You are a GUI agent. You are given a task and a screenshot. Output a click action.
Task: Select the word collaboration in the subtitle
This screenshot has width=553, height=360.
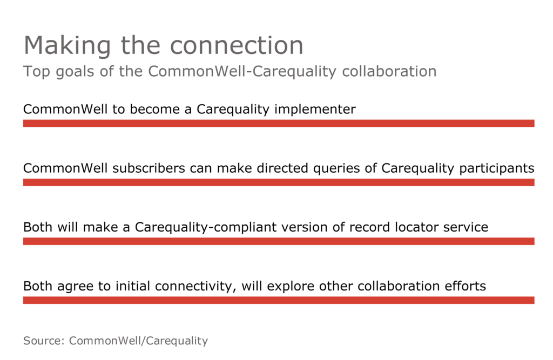coord(389,71)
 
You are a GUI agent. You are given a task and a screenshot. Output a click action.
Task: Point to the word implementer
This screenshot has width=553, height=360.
coord(315,110)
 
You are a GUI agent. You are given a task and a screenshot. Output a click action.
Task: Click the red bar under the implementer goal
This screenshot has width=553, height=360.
coord(279,124)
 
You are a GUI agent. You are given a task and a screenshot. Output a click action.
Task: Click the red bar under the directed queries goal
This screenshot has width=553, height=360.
coord(279,182)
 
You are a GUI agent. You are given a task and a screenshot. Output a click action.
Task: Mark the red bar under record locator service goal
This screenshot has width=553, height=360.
coord(279,241)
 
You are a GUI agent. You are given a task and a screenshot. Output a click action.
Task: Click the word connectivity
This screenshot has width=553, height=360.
coord(195,286)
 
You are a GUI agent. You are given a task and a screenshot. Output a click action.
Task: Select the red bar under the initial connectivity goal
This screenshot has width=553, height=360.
coord(279,300)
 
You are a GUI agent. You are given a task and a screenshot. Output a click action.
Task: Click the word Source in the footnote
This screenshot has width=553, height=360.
coord(44,341)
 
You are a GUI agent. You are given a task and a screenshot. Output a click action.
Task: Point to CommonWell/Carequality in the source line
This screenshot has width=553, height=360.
coord(138,341)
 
